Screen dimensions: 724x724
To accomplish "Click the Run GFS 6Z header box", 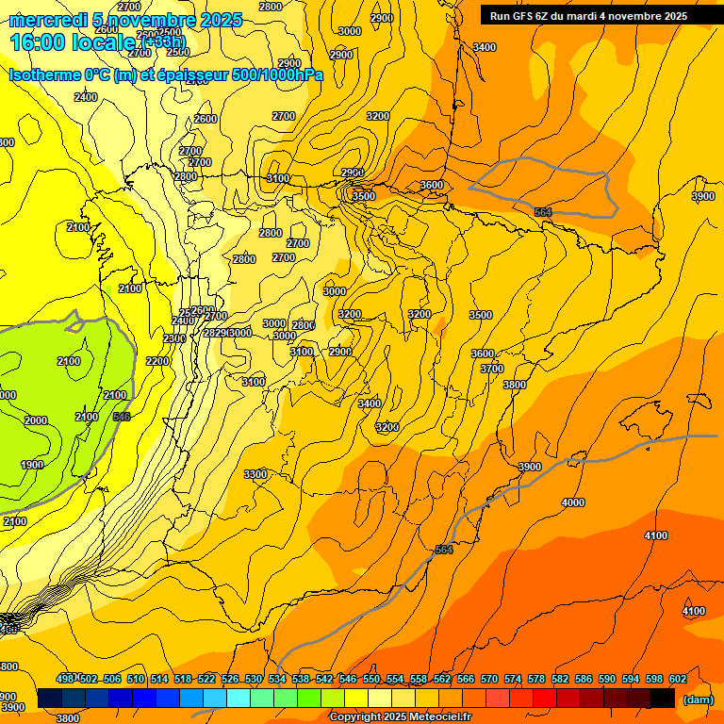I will pos(588,15).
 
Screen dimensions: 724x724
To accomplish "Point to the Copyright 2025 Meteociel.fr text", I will pos(400,717).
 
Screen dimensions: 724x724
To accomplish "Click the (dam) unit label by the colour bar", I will pos(697,699).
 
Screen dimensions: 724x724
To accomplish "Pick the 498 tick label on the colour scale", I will pos(65,679).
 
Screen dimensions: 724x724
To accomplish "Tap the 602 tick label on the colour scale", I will pos(677,679).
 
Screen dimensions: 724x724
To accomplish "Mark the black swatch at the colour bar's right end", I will pos(663,699).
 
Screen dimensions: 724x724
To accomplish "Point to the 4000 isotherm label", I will pos(572,502).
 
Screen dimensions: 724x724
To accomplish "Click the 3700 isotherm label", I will pos(491,369).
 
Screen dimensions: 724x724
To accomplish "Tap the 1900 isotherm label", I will pos(31,464).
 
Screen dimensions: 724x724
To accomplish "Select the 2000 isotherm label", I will pos(36,420).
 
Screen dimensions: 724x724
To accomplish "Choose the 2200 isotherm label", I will pos(157,361).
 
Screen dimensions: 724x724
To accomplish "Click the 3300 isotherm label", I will pos(255,473).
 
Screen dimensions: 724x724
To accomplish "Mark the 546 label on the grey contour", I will pos(122,416).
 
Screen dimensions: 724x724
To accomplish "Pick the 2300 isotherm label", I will pos(174,338).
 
